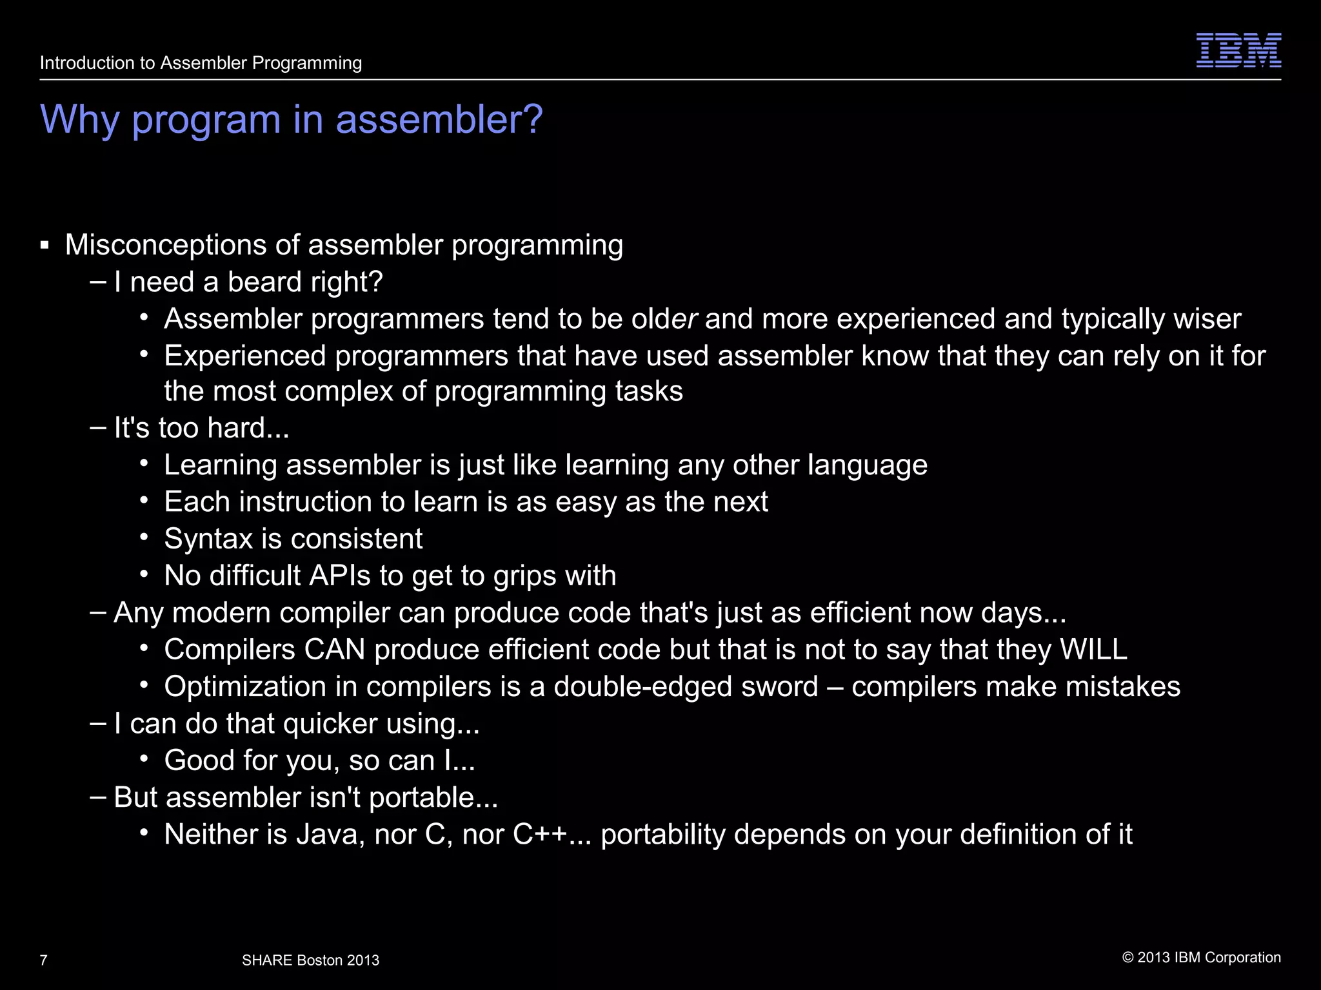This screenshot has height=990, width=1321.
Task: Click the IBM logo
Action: pyautogui.click(x=1238, y=50)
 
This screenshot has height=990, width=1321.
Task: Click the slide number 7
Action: pyautogui.click(x=43, y=960)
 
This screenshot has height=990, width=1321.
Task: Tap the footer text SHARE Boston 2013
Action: pyautogui.click(x=310, y=960)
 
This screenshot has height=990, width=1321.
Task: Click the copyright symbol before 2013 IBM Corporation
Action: pyautogui.click(x=1127, y=958)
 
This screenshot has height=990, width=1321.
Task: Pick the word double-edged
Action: pyautogui.click(x=686, y=686)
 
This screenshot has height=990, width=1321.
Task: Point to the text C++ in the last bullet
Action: pyautogui.click(x=539, y=835)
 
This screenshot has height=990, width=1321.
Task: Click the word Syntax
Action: pyautogui.click(x=208, y=539)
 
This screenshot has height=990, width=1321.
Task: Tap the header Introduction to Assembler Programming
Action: pyautogui.click(x=201, y=63)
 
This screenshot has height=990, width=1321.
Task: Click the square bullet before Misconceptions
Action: pyautogui.click(x=45, y=246)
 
